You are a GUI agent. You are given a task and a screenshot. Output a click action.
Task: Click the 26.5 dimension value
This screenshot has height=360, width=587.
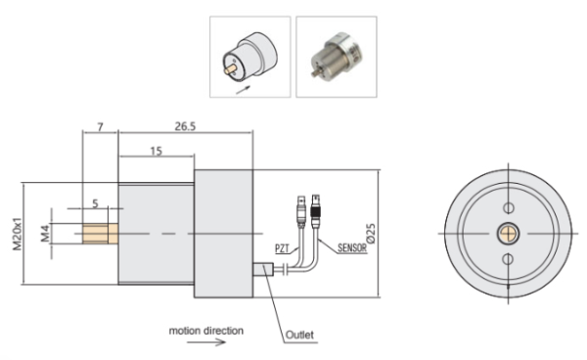tap(185, 126)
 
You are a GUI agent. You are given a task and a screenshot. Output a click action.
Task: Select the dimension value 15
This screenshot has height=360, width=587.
tap(157, 152)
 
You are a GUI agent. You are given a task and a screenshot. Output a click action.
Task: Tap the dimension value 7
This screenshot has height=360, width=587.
tap(100, 127)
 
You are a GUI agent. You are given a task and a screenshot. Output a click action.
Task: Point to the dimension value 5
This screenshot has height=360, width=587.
tap(95, 203)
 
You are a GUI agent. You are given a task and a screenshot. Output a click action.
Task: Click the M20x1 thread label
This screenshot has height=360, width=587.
tap(18, 234)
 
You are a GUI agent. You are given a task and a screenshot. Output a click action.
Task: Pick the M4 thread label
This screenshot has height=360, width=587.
tap(45, 234)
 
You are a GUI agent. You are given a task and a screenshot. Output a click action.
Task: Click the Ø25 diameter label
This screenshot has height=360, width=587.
tap(371, 234)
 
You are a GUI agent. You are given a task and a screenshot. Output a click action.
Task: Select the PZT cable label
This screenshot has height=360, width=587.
tap(282, 248)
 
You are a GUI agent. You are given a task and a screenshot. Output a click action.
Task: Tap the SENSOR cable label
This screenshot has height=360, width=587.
tap(352, 247)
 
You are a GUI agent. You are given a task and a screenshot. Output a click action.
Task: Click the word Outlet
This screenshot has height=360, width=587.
tap(299, 335)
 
